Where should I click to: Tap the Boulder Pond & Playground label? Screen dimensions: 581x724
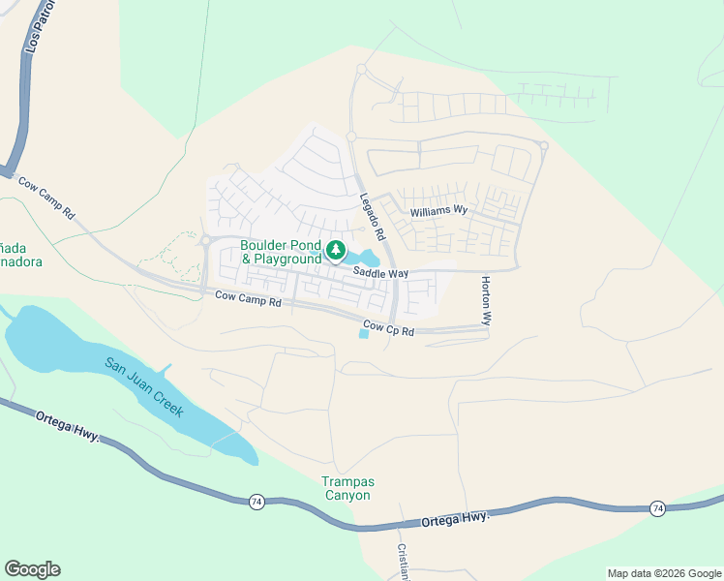[281, 253]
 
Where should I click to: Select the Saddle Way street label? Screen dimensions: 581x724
[380, 274]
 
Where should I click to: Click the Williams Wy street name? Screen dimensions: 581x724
[438, 210]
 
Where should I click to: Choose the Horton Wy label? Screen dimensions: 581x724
[487, 300]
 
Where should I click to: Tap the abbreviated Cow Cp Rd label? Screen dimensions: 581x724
[389, 330]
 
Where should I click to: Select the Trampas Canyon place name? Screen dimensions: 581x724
[347, 489]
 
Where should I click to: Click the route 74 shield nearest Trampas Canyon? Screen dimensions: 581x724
[256, 501]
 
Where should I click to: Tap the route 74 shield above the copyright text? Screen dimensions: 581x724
[657, 508]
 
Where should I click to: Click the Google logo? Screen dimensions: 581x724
[32, 569]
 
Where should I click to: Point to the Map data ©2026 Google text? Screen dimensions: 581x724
[663, 573]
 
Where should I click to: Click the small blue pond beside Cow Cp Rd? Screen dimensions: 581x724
[364, 334]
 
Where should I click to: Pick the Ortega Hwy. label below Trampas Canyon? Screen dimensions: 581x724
[455, 521]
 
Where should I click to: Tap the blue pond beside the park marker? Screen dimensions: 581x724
[366, 258]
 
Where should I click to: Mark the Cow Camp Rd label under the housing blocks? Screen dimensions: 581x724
[248, 301]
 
